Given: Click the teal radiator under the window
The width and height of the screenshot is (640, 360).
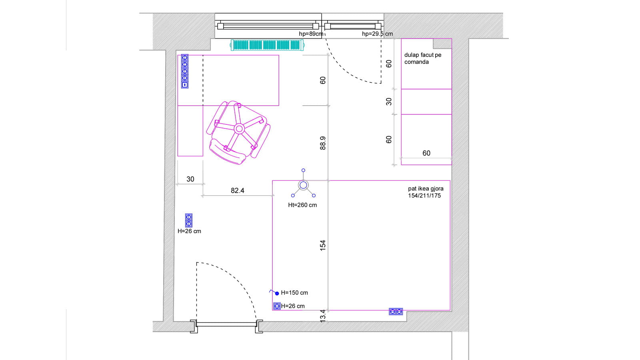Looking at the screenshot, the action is point(267,45).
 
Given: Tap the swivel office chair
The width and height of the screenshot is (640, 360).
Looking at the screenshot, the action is point(238,132).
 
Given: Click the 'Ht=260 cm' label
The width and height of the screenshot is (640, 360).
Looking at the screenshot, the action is point(302,205).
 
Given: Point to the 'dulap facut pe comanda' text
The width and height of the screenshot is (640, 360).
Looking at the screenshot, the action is point(422,58).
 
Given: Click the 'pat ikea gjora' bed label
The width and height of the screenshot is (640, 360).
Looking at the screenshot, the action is point(426,188).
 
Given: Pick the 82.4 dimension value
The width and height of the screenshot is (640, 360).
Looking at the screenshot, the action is point(238,190).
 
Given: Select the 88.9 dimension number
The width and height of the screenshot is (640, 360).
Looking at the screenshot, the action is point(322,143).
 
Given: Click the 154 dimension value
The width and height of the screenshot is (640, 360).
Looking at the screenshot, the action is point(322,246).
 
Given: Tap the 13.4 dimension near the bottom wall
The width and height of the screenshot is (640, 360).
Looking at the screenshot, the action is point(322,316).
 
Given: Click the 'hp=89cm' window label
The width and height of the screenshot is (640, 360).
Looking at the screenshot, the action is point(311,34).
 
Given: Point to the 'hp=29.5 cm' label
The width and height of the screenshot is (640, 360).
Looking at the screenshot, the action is point(377,34).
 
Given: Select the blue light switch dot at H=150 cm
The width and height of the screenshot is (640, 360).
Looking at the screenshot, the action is point(277,293).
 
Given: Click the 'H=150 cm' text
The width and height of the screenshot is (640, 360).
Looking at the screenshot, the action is point(294,292).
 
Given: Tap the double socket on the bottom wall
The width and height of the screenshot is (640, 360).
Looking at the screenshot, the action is point(396,312).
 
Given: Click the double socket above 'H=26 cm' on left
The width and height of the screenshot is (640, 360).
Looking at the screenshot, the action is point(188,220).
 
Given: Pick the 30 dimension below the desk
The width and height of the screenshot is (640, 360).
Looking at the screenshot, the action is point(190,179).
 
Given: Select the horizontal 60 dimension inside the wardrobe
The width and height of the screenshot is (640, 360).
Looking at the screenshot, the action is point(426,153).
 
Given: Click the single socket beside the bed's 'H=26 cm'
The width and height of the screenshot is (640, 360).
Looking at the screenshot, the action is point(277,306).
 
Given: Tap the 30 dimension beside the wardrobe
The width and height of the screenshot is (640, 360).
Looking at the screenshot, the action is point(388,102).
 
